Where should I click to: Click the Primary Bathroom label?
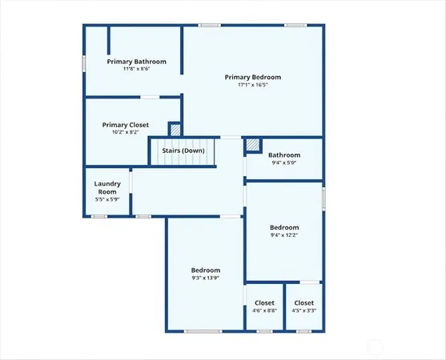click(x=137, y=62)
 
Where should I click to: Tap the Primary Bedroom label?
click(x=253, y=77)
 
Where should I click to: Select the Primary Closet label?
click(x=126, y=125)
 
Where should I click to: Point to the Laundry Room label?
click(x=107, y=188)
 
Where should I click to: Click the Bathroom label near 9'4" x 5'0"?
click(x=284, y=155)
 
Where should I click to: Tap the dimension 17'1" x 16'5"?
click(x=253, y=85)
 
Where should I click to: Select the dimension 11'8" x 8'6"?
click(x=137, y=70)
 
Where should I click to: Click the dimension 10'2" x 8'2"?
click(x=126, y=133)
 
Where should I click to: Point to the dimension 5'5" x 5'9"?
click(x=107, y=200)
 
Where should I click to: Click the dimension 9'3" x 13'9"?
click(x=206, y=278)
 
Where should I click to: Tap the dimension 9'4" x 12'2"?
click(x=284, y=235)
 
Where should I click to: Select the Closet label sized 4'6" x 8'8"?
click(x=264, y=302)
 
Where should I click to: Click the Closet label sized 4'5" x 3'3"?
click(x=304, y=302)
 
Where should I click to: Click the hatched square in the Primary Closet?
click(x=175, y=129)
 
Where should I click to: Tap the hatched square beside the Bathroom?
click(x=253, y=145)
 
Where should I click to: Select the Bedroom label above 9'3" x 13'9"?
click(x=206, y=270)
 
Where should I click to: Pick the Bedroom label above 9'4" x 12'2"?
click(x=284, y=227)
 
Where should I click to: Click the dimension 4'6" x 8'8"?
click(x=264, y=310)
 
